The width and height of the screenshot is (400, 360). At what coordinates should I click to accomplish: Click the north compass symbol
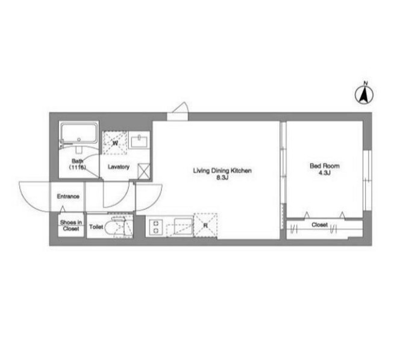[364, 94]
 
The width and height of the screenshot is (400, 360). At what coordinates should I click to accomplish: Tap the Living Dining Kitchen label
[222, 170]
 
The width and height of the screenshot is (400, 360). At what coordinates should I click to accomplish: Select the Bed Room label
[325, 166]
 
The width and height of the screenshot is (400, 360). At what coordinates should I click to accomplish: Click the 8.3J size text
[222, 178]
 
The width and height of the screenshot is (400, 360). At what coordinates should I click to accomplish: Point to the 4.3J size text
[325, 173]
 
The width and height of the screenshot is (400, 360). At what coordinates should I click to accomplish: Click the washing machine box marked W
[115, 143]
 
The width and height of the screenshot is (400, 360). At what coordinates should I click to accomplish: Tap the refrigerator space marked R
[205, 225]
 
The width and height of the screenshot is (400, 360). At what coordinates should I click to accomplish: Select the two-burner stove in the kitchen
[156, 227]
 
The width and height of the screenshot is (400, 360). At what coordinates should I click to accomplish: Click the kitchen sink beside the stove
[183, 226]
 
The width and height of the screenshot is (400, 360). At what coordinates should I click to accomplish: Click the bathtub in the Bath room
[79, 134]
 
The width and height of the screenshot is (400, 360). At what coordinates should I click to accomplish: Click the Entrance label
[68, 196]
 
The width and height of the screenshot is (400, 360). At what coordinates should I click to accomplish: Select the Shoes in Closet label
[71, 225]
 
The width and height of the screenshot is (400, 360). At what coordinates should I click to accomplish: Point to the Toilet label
[96, 227]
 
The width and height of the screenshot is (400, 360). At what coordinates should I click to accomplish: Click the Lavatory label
[118, 167]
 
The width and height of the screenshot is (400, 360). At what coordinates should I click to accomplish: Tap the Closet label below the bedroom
[319, 225]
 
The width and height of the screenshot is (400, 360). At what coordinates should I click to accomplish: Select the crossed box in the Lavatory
[143, 171]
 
